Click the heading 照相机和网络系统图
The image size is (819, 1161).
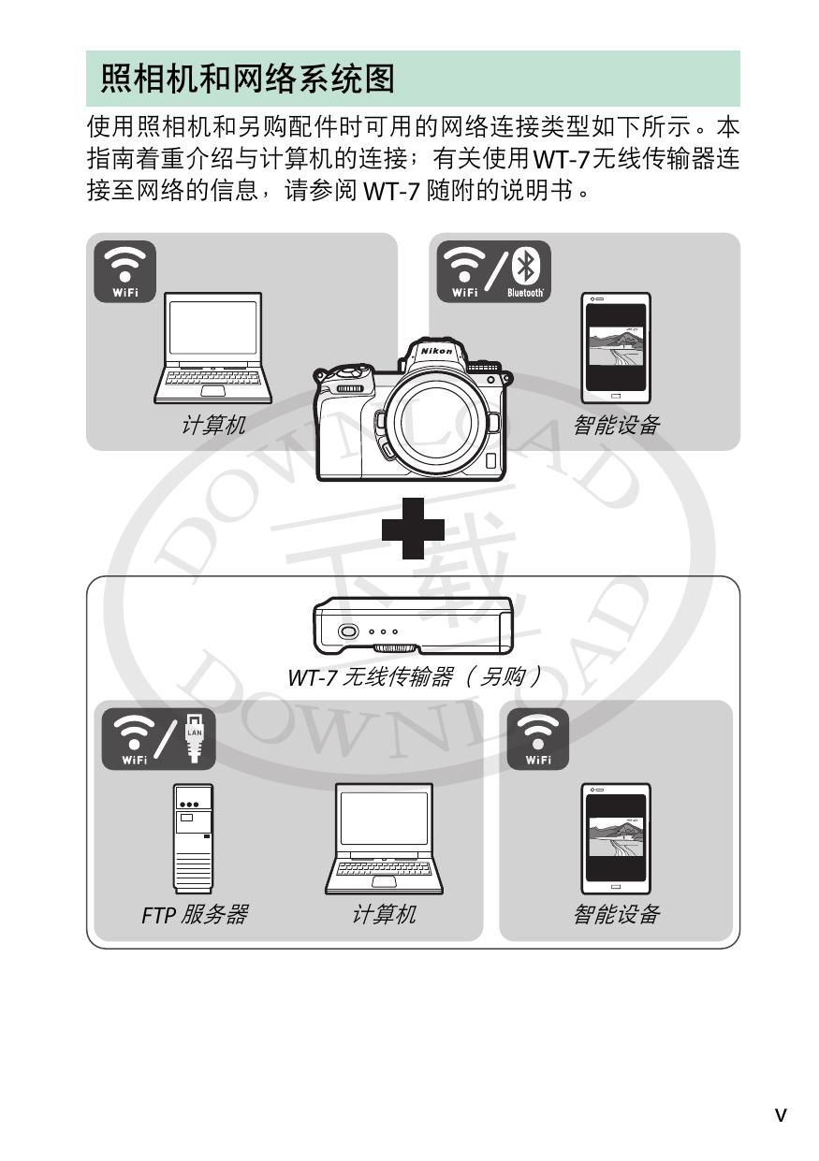[x=247, y=79]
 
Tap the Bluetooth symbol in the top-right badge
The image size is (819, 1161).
[x=525, y=266]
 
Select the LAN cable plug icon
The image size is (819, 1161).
[x=194, y=737]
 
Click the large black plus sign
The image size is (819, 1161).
[x=413, y=529]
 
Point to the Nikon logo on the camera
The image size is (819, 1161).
[x=436, y=351]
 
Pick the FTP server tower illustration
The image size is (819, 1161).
[x=193, y=838]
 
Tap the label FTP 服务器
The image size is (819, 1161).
[x=195, y=915]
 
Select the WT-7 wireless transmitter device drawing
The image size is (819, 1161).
[x=413, y=626]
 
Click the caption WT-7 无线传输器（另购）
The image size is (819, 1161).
[x=415, y=677]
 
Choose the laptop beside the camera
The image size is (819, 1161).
[x=212, y=348]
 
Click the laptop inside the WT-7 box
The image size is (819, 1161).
[x=384, y=838]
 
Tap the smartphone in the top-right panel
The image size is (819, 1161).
[x=616, y=348]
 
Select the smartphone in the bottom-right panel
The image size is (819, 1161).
[x=616, y=838]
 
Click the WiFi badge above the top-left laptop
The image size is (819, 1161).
[x=125, y=271]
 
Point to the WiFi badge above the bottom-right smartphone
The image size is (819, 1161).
[x=538, y=738]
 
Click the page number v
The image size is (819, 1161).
[x=781, y=1114]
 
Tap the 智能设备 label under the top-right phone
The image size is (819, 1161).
[x=616, y=425]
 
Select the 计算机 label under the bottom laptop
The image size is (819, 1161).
[x=384, y=915]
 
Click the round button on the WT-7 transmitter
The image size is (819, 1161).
[x=348, y=631]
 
